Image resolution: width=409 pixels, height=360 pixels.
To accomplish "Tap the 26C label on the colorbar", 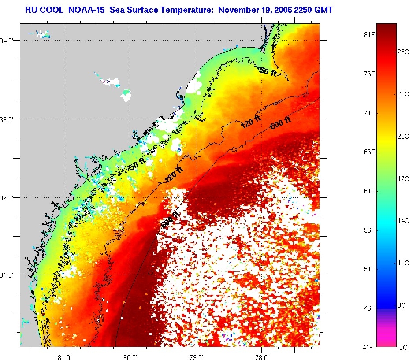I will click(403, 52).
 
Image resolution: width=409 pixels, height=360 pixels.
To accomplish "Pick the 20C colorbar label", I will click(403, 137).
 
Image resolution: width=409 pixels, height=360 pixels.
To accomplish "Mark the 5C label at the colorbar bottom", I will click(403, 347).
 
